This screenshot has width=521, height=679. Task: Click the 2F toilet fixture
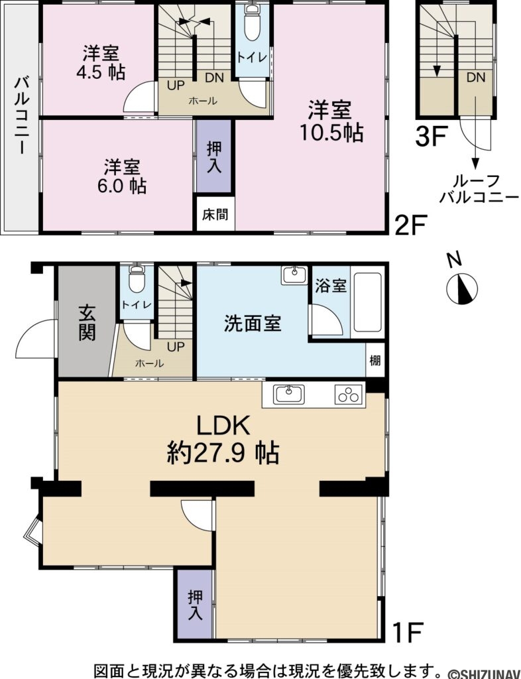click(252, 27)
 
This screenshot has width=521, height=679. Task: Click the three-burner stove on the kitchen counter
click(349, 395)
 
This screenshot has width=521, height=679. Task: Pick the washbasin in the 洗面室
click(292, 275)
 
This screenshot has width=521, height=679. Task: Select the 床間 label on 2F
click(215, 215)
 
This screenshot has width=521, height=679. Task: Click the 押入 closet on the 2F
click(214, 156)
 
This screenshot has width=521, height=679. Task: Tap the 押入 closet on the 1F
click(195, 605)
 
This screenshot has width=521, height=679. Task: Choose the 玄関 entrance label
click(87, 322)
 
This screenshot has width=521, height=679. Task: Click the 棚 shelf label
click(375, 361)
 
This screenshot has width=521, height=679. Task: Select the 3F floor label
click(430, 137)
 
